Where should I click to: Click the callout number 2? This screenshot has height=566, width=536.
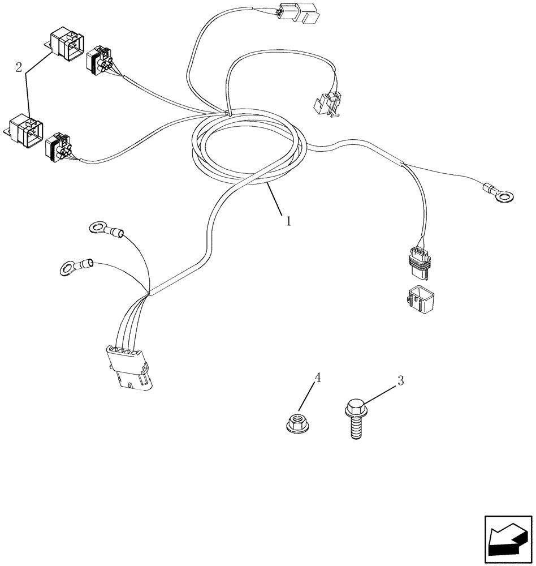point(19,68)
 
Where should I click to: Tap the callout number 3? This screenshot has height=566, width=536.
point(400,381)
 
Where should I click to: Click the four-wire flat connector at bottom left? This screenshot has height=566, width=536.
point(127,367)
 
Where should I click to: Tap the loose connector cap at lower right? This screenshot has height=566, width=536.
point(419,299)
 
